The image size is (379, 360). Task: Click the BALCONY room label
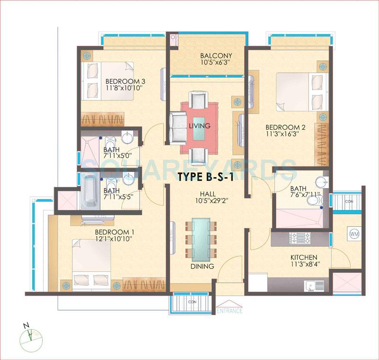point(209,55)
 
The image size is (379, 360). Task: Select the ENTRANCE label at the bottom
point(229,311)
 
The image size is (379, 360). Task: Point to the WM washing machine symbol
point(353,234)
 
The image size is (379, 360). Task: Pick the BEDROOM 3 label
point(125,81)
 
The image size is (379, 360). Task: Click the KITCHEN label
point(304,257)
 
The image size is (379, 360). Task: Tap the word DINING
point(202,266)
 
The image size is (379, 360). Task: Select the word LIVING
point(199,126)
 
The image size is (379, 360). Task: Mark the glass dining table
point(202,237)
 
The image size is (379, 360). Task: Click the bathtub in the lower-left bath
point(90,191)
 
